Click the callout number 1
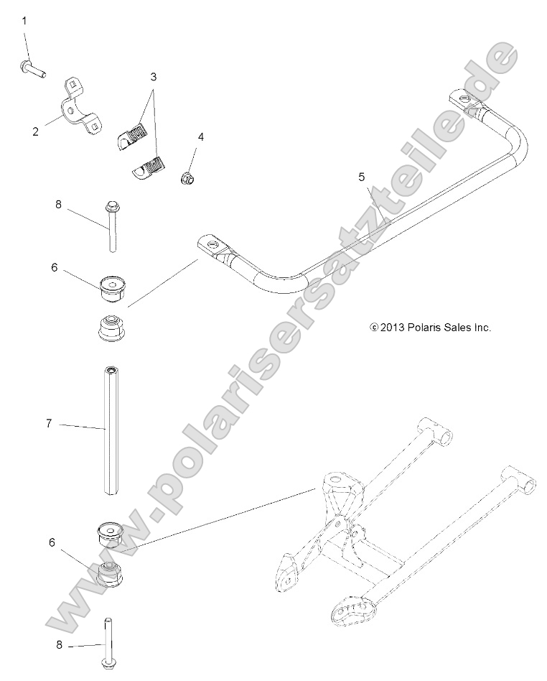pyautogui.click(x=24, y=21)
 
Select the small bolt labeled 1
pyautogui.click(x=32, y=70)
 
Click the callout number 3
pyautogui.click(x=153, y=75)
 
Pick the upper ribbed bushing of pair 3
pyautogui.click(x=134, y=131)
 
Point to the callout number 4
pyautogui.click(x=201, y=136)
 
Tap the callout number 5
pyautogui.click(x=361, y=176)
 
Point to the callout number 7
pyautogui.click(x=49, y=424)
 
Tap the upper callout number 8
pyautogui.click(x=59, y=205)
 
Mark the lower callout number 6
pyautogui.click(x=51, y=543)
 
